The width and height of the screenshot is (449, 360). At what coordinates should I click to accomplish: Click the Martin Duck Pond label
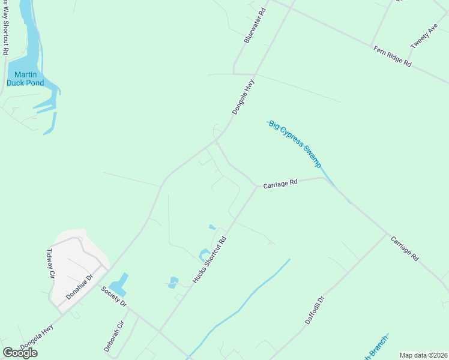point(25,79)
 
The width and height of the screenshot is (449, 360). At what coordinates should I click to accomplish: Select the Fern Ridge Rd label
point(392,56)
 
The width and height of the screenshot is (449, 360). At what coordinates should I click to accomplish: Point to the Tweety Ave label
point(424,37)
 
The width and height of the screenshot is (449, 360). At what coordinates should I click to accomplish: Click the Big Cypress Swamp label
point(295,144)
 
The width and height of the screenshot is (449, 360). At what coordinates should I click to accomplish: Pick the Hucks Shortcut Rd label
point(209,259)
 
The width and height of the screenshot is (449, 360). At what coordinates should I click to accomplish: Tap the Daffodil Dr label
point(314,310)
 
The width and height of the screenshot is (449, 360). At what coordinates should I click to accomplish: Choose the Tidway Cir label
point(51,265)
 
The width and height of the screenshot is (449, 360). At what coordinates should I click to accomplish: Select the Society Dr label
point(114,296)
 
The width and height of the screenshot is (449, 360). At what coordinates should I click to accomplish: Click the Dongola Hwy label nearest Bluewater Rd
point(243,98)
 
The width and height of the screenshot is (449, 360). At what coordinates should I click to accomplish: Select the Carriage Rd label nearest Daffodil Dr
point(404,248)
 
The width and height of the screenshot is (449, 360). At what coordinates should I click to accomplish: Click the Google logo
point(20,353)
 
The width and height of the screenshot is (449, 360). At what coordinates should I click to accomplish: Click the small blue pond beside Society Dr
point(120,283)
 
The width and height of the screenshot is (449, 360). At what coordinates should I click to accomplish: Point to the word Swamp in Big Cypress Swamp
point(311,155)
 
